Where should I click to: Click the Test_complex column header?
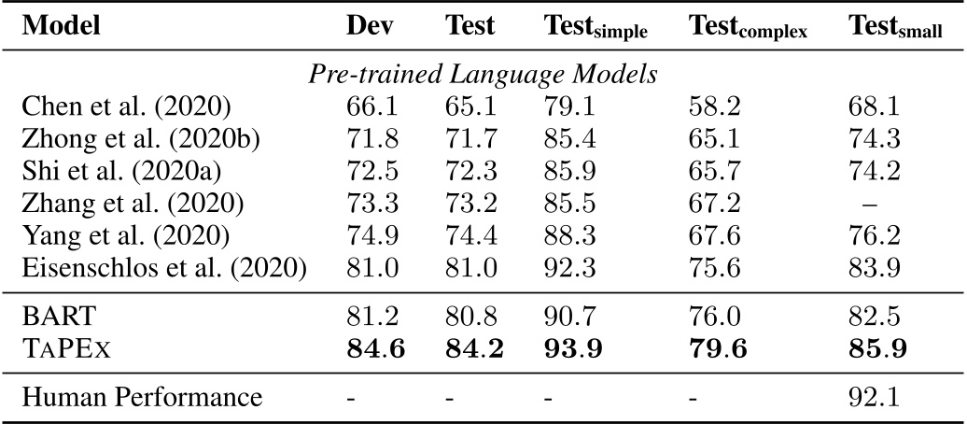(x=748, y=29)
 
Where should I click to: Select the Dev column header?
(x=366, y=26)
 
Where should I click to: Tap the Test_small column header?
(x=895, y=29)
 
